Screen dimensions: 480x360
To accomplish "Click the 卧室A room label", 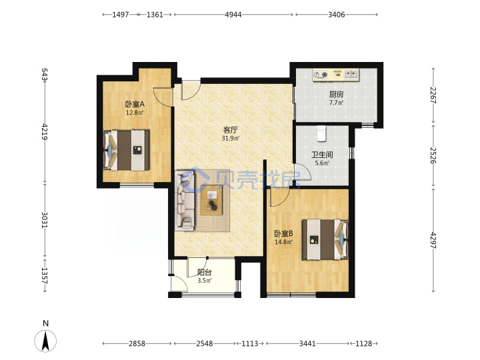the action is click(135, 104).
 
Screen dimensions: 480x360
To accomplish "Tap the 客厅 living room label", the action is click(231, 130).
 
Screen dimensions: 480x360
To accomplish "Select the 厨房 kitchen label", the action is click(336, 95).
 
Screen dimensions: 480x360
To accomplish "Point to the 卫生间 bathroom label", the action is click(322, 155).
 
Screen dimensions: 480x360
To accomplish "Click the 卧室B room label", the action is click(283, 234).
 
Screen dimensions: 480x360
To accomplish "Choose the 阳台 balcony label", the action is click(204, 272).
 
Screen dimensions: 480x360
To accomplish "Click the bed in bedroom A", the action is click(127, 150).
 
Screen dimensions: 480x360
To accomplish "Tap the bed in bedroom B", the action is click(325, 239).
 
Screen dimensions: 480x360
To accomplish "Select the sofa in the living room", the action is click(185, 201).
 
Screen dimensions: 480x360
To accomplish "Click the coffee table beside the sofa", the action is click(211, 200).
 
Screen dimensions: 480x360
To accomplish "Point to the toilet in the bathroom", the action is click(321, 133).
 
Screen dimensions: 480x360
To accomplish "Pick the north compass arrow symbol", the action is click(45, 341).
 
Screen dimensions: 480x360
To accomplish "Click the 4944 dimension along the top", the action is click(233, 15).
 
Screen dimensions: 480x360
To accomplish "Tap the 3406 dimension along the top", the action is click(337, 15).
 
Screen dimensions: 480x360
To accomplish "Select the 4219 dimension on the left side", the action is click(45, 131).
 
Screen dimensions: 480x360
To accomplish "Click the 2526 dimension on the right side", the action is click(433, 155).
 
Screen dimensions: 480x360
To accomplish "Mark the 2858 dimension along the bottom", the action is click(137, 343).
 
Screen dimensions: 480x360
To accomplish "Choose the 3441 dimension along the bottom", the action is click(307, 343).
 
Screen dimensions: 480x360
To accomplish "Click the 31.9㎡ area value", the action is click(231, 139).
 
